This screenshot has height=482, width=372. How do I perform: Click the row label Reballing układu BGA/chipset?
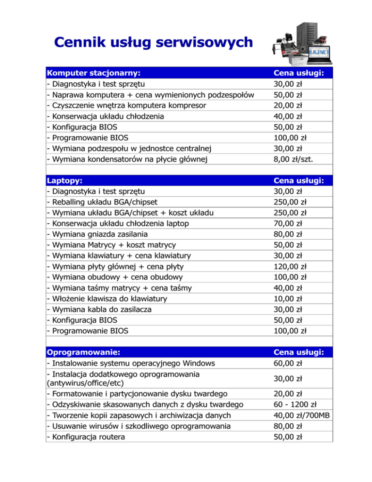click(x=102, y=202)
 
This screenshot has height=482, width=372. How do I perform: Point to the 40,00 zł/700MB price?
click(x=303, y=415)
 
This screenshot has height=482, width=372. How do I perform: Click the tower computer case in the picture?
click(x=312, y=29)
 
